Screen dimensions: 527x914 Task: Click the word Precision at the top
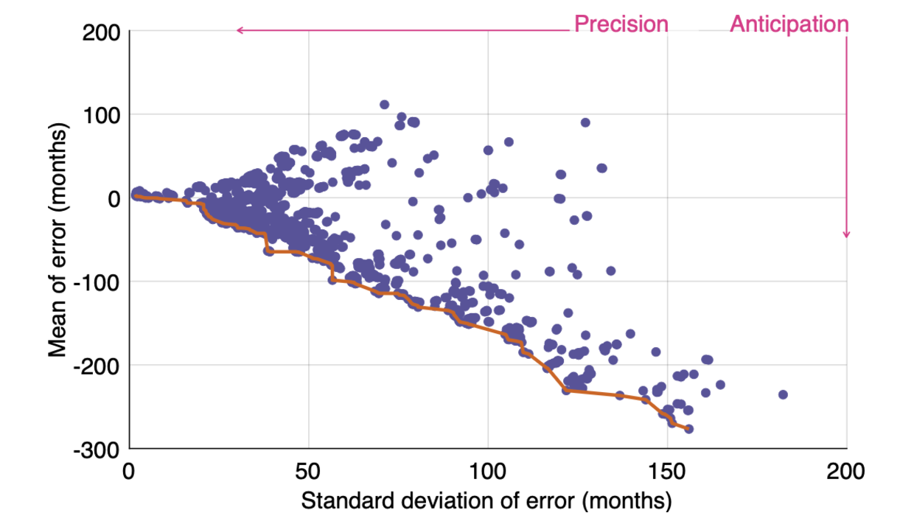(x=621, y=24)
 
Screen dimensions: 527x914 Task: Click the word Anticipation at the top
(x=789, y=24)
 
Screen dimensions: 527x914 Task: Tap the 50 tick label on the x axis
(x=309, y=470)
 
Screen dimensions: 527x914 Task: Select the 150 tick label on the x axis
(x=667, y=470)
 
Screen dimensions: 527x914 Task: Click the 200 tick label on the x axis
(x=846, y=470)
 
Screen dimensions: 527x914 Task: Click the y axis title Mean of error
(x=58, y=240)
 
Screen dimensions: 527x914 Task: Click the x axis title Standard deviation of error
(x=486, y=501)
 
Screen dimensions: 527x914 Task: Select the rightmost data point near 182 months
(x=783, y=394)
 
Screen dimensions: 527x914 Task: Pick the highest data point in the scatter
(x=384, y=105)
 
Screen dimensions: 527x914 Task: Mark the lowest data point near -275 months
(x=688, y=429)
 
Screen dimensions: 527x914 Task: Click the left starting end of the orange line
(x=136, y=195)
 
